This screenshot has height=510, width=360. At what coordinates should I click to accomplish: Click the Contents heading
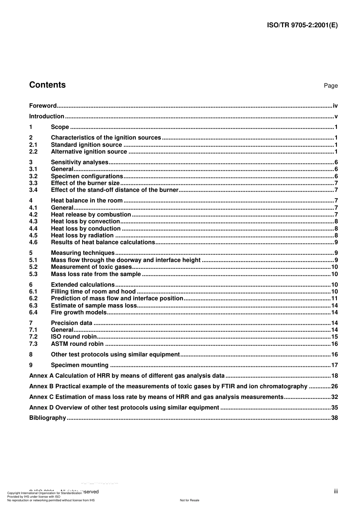click(47, 85)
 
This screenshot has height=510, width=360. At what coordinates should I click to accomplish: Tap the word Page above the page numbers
click(330, 86)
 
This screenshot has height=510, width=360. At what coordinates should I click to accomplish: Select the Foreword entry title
click(43, 106)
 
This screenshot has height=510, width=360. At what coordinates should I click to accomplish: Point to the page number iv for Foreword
click(335, 106)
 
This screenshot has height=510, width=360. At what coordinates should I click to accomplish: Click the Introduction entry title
click(47, 116)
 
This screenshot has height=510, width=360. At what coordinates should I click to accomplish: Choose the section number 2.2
click(33, 152)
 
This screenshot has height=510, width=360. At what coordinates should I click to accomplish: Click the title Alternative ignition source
click(89, 152)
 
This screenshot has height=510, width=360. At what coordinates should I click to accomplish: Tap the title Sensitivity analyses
click(80, 162)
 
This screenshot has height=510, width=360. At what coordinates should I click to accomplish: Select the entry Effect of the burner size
click(85, 183)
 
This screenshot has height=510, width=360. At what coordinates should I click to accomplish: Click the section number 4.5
click(33, 235)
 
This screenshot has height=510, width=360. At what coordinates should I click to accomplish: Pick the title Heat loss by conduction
click(86, 229)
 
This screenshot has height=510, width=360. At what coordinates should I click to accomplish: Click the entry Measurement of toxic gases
click(91, 267)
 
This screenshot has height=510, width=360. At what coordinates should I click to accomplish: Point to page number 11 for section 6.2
click(334, 298)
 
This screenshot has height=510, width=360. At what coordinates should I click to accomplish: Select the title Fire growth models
click(79, 312)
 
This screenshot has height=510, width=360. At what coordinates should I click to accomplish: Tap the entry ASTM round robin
click(77, 344)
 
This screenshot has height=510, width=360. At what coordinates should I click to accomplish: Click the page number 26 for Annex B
click(334, 386)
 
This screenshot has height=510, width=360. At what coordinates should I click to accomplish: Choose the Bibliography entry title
click(47, 418)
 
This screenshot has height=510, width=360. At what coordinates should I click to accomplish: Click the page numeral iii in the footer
click(336, 491)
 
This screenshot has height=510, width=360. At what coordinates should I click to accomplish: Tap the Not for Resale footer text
click(189, 500)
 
